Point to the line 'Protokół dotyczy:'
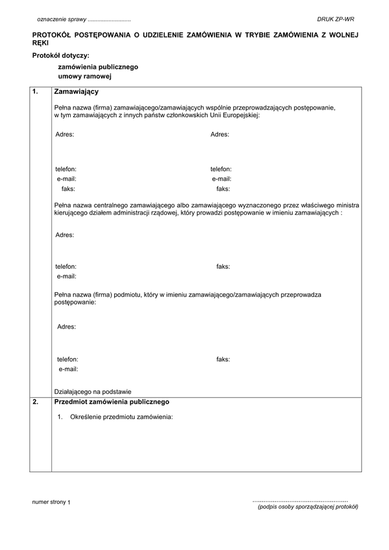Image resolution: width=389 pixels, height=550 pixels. [60, 55]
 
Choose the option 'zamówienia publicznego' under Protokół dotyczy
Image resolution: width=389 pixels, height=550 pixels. [98, 67]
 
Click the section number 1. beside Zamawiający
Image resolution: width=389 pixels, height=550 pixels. [36, 92]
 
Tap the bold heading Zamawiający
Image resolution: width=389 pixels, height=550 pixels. [76, 92]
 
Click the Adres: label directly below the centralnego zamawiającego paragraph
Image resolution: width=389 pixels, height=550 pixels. [64, 235]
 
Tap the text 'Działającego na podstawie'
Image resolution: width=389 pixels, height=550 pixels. [93, 391]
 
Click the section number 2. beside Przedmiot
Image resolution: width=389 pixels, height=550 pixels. [36, 402]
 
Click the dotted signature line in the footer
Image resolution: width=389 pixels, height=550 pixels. [300, 501]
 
